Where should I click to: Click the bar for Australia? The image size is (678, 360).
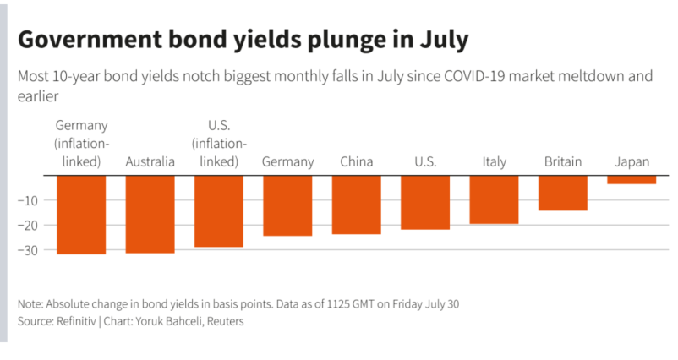pyautogui.click(x=150, y=213)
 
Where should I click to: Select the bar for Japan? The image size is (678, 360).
pyautogui.click(x=632, y=179)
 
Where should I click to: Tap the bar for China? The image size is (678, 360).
pyautogui.click(x=356, y=204)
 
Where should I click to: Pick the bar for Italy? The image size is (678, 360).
pyautogui.click(x=494, y=199)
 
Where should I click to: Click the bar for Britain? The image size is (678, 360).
pyautogui.click(x=563, y=192)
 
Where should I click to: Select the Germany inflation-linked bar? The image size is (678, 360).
pyautogui.click(x=81, y=214)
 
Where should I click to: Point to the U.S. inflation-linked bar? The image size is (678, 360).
pyautogui.click(x=219, y=210)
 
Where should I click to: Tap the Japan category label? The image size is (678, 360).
pyautogui.click(x=632, y=161)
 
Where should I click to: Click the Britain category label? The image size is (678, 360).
pyautogui.click(x=563, y=161)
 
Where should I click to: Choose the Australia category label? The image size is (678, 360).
pyautogui.click(x=150, y=161)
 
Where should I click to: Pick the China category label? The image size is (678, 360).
pyautogui.click(x=356, y=161)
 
